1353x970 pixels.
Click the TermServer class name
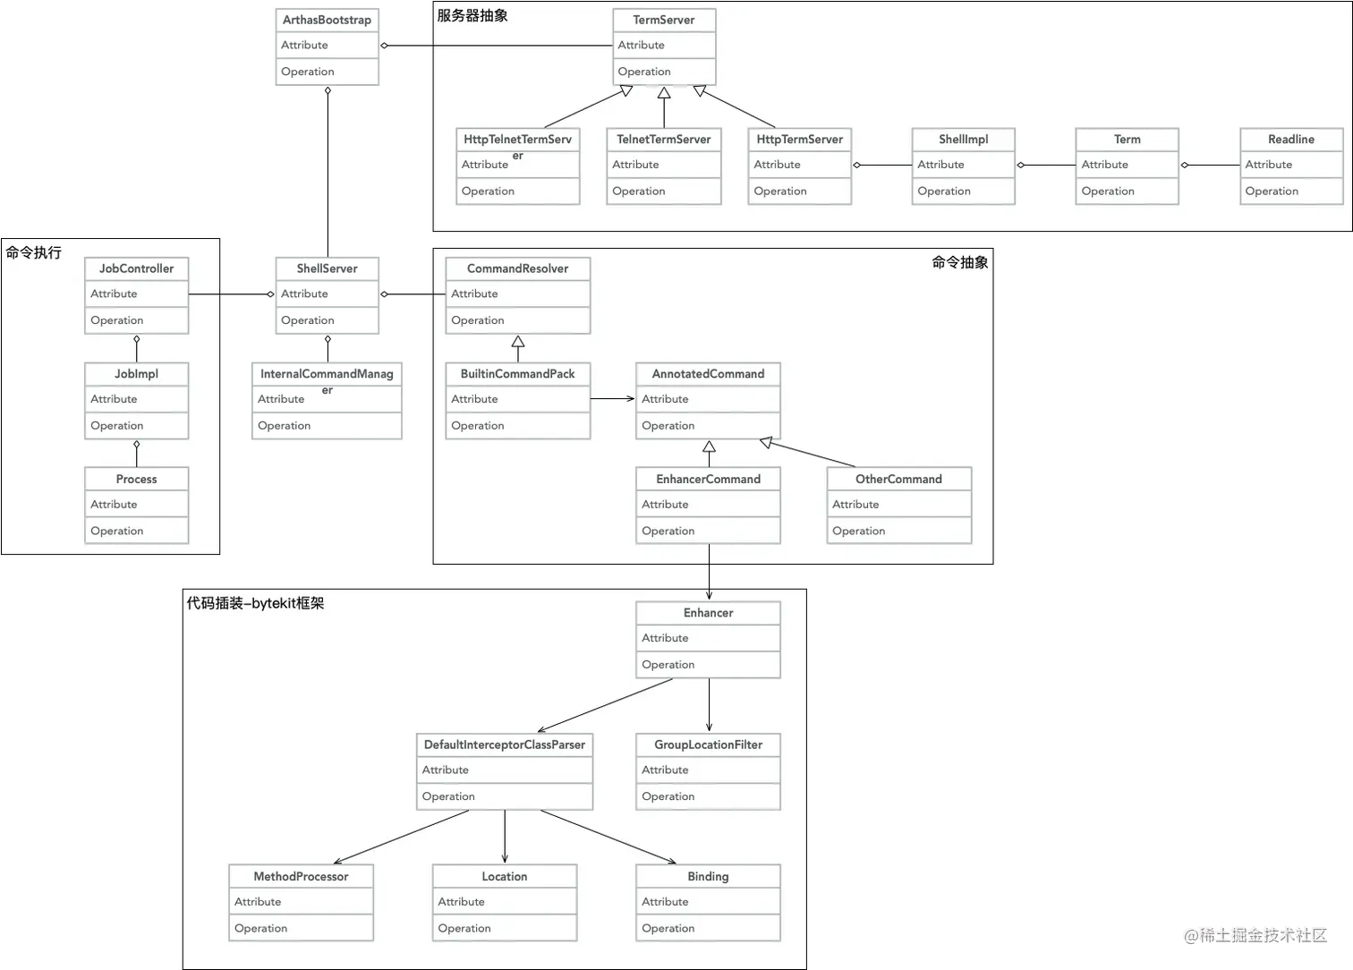[x=664, y=20]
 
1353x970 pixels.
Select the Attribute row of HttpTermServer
[x=799, y=165]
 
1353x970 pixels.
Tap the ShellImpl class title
[x=963, y=140]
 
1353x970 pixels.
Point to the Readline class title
[x=1290, y=140]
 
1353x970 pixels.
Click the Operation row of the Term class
[x=1127, y=191]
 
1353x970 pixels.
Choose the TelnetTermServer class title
[x=663, y=140]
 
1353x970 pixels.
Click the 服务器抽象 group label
[x=472, y=15]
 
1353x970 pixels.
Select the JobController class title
[x=136, y=268]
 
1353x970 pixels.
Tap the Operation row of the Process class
[x=136, y=531]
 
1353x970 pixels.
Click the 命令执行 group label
[x=34, y=252]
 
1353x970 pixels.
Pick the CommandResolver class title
[x=517, y=268]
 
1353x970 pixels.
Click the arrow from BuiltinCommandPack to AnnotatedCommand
[x=613, y=398]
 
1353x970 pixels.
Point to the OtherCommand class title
[x=898, y=480]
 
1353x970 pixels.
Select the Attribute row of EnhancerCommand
[x=708, y=505]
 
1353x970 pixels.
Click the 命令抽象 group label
[x=959, y=262]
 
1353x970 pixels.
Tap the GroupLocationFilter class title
[x=708, y=745]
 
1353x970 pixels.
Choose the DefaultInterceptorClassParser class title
[x=504, y=745]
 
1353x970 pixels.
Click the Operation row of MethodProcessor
[x=301, y=929]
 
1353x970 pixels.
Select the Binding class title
[x=708, y=877]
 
